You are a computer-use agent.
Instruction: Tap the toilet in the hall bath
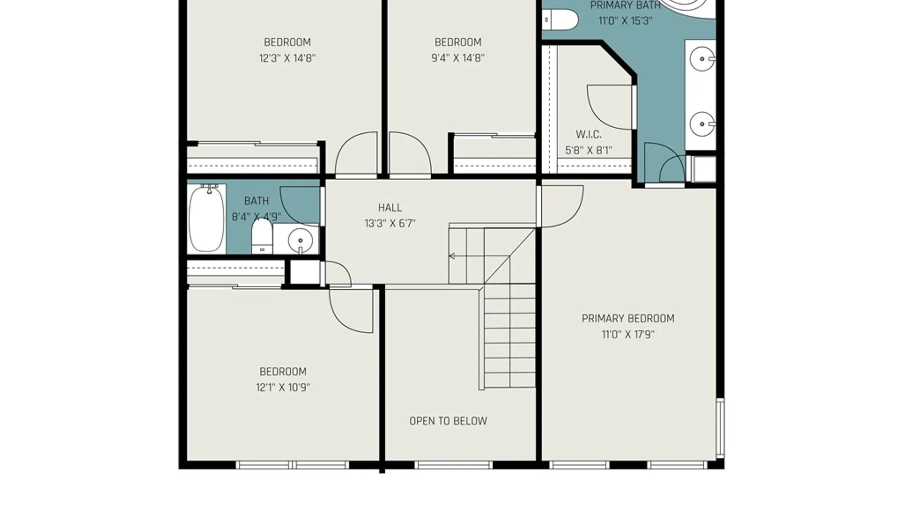click(x=262, y=237)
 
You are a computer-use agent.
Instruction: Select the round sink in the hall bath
click(x=300, y=241)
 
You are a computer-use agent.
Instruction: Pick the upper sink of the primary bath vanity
click(x=702, y=60)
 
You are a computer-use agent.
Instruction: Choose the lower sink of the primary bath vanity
click(x=702, y=124)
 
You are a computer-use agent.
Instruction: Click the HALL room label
click(x=390, y=207)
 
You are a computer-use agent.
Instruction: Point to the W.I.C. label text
click(x=589, y=135)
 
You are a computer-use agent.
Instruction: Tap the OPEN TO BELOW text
click(x=448, y=421)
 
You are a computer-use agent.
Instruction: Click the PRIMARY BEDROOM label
click(x=628, y=319)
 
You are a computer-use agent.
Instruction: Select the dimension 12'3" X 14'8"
click(x=287, y=58)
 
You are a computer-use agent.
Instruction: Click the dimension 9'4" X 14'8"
click(x=458, y=58)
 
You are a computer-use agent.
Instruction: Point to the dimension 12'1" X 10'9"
click(x=283, y=388)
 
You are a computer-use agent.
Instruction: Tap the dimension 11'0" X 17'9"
click(x=628, y=335)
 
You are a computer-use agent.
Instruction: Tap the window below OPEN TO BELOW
click(x=453, y=465)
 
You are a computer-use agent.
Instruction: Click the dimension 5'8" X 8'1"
click(x=589, y=151)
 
